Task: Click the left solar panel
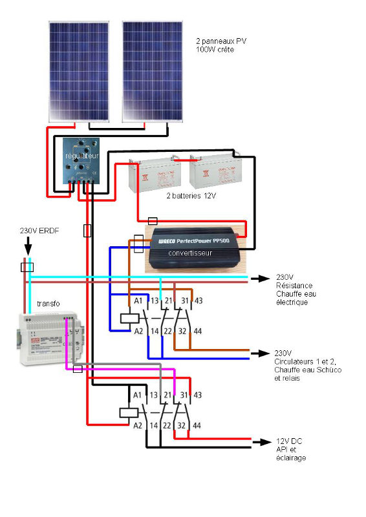[80, 71]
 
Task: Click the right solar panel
[153, 71]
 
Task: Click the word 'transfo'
[49, 302]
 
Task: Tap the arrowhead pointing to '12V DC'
[262, 442]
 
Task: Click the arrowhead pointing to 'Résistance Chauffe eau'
[262, 279]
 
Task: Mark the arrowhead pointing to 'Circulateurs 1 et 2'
[262, 353]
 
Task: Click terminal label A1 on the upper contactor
[138, 301]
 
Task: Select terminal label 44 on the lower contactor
[197, 425]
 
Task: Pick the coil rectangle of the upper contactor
[129, 317]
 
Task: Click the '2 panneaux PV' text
[221, 41]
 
